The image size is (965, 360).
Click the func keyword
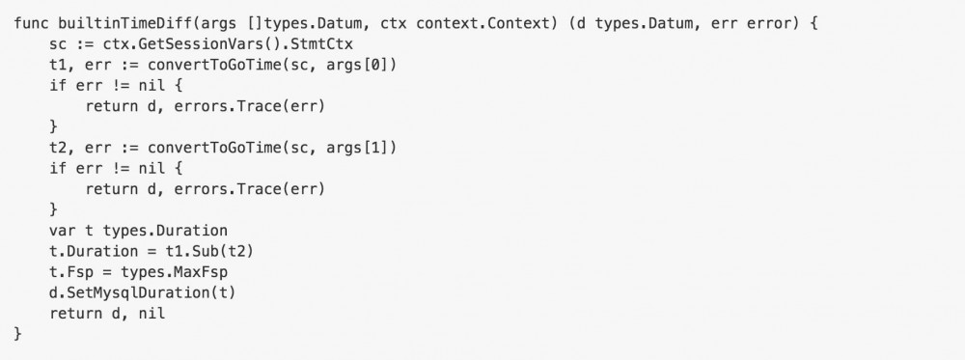click(31, 22)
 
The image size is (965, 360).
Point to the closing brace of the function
click(18, 333)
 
